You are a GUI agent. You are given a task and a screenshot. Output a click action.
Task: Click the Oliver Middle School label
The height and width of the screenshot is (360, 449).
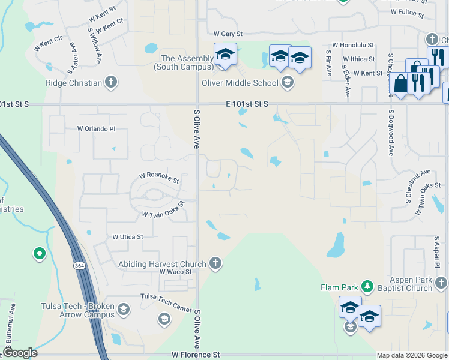(x=240, y=83)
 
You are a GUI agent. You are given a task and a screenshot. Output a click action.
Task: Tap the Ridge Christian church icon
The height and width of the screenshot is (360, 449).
(x=110, y=82)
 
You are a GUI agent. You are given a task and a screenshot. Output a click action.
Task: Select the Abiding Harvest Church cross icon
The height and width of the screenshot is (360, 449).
(x=215, y=263)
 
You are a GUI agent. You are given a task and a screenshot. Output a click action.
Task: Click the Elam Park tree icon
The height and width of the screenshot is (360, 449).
(x=370, y=287)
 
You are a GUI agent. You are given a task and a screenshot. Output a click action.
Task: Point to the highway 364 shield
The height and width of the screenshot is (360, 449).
(x=79, y=266)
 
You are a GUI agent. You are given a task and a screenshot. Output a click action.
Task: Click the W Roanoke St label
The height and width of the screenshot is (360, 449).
(x=159, y=178)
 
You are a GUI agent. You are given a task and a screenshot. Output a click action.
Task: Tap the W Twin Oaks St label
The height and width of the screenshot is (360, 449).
(x=163, y=214)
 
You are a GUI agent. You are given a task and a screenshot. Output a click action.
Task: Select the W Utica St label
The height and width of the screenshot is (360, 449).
(x=128, y=237)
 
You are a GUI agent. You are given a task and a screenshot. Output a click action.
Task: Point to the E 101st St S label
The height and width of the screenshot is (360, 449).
(x=246, y=104)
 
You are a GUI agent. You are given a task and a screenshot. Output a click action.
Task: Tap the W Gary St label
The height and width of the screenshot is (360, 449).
(x=228, y=34)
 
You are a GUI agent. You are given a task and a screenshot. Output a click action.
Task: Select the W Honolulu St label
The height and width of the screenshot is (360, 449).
(x=354, y=45)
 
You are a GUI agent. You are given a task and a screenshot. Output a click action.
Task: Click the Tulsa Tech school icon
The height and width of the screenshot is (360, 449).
(x=124, y=310)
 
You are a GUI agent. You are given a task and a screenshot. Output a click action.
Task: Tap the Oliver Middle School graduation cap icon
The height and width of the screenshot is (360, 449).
(x=288, y=82)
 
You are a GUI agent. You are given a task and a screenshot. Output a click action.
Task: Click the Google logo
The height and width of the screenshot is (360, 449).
(x=20, y=353)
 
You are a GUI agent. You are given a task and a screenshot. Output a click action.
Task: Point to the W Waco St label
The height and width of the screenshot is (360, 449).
(x=175, y=272)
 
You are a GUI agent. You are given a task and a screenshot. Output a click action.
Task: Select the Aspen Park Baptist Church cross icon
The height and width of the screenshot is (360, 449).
(x=441, y=282)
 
